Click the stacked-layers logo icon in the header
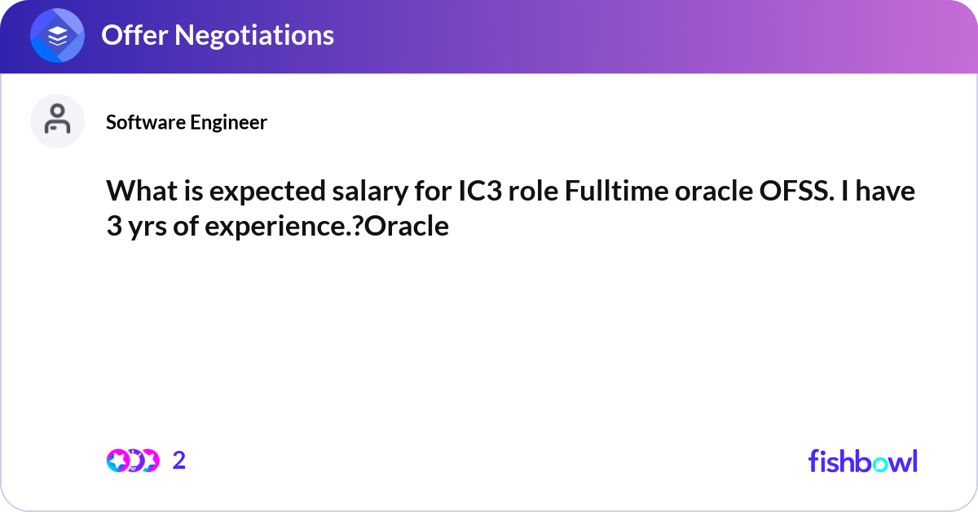[58, 37]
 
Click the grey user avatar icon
[57, 121]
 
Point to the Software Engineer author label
[187, 122]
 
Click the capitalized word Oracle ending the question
[409, 227]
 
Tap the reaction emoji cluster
[132, 461]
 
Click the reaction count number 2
[179, 461]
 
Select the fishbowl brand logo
[862, 461]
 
